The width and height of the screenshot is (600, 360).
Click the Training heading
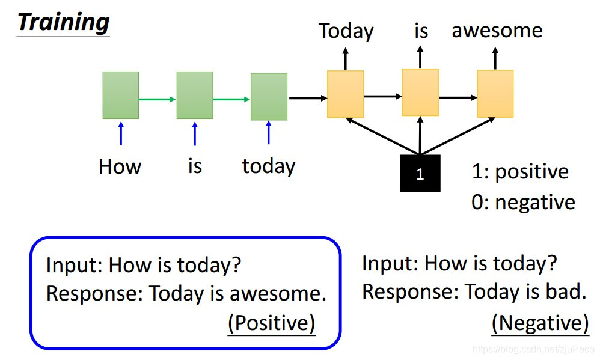(x=63, y=22)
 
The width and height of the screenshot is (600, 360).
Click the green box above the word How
(x=120, y=95)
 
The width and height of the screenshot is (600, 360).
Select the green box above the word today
(x=269, y=97)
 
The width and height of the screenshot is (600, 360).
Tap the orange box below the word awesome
(x=495, y=93)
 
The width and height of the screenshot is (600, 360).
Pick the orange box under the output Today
(x=345, y=94)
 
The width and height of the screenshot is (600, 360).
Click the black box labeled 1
(x=420, y=174)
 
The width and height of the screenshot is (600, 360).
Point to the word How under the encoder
(x=120, y=166)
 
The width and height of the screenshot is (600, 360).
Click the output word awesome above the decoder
(x=497, y=30)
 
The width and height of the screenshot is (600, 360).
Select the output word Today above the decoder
(x=346, y=31)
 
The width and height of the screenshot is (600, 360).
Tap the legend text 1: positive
(x=519, y=172)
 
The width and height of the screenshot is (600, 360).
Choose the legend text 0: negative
(x=522, y=203)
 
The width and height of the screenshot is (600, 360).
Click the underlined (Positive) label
(x=271, y=323)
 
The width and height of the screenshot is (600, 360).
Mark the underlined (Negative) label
(x=540, y=323)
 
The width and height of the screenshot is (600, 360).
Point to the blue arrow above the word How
(x=121, y=133)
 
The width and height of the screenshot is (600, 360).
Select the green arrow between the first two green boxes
(x=158, y=99)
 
